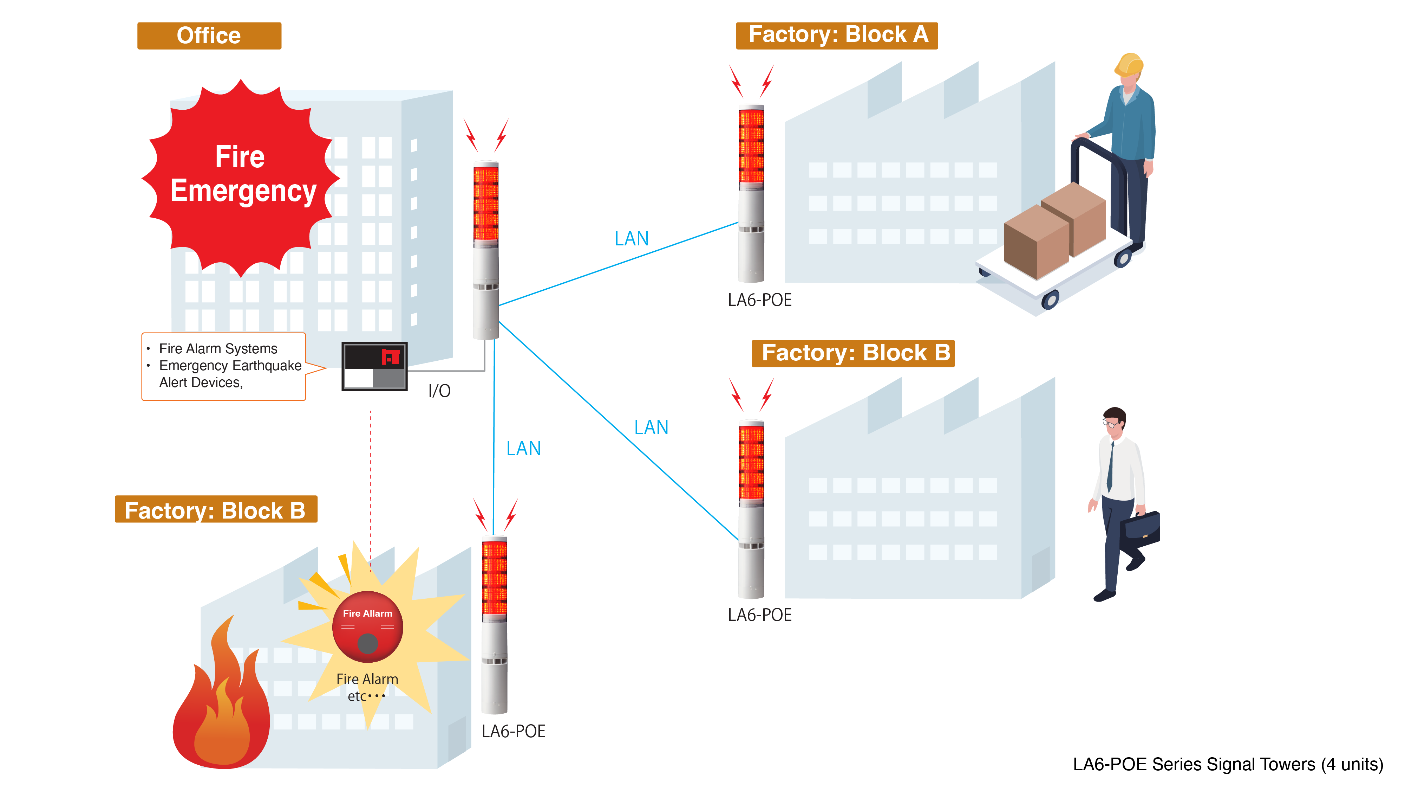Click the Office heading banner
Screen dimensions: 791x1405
point(209,36)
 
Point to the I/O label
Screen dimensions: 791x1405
point(439,391)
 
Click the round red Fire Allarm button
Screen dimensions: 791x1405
point(368,627)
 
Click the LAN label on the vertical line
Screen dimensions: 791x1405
point(524,449)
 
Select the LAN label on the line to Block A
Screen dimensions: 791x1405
point(632,239)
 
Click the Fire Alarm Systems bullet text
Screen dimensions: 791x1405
point(218,349)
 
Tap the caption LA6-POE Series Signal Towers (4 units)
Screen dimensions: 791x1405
point(1228,764)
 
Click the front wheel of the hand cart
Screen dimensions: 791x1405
point(1050,300)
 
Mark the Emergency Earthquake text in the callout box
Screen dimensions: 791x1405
point(230,366)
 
